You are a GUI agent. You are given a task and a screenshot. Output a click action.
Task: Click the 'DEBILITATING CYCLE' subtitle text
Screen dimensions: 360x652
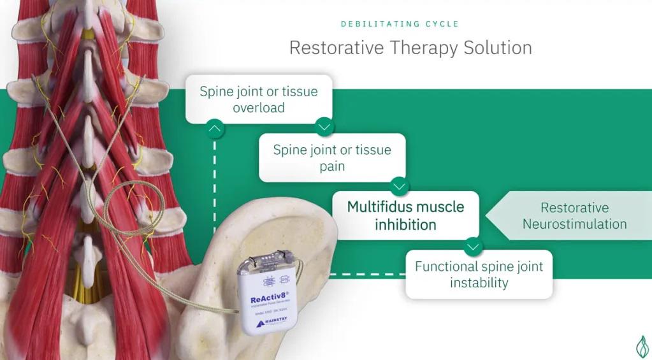tap(400, 24)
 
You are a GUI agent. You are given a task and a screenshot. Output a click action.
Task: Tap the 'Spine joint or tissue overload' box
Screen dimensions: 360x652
tap(258, 99)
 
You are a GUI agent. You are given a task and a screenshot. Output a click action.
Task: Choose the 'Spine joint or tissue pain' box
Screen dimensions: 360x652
tap(332, 157)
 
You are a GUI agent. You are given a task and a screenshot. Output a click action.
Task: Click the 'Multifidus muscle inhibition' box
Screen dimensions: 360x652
tap(405, 215)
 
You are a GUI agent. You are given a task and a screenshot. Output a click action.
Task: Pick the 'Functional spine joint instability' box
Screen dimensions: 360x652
tap(479, 274)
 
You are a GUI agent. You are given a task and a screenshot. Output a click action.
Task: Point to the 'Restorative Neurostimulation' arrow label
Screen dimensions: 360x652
tap(574, 215)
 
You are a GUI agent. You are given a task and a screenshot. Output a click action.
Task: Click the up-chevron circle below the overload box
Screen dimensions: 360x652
tap(215, 129)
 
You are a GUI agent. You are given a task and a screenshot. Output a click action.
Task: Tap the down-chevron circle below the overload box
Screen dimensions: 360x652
tap(324, 127)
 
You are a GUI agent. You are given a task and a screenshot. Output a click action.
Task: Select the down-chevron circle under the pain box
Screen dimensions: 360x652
tap(400, 186)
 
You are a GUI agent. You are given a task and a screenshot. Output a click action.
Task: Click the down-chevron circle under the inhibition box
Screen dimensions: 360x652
tap(473, 245)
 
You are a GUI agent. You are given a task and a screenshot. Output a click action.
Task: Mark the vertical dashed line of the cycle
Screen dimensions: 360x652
tap(215, 191)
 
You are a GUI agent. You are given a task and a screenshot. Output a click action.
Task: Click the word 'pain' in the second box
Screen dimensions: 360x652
tap(332, 166)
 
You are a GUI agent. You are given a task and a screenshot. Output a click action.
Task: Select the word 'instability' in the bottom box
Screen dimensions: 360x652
tap(479, 283)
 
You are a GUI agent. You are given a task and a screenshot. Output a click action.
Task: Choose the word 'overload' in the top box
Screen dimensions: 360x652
tap(258, 108)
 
